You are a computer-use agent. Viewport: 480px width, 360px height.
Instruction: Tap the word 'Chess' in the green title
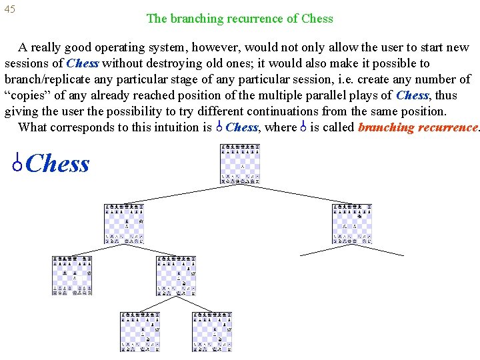317,19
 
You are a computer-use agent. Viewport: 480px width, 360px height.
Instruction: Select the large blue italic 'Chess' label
59,163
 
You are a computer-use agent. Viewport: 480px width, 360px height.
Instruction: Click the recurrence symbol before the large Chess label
19,163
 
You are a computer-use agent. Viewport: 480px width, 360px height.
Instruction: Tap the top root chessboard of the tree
240,164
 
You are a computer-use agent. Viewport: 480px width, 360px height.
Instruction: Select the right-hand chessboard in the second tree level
352,224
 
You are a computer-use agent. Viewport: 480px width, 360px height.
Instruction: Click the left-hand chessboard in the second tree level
124,224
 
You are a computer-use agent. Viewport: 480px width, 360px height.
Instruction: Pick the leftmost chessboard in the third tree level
72,275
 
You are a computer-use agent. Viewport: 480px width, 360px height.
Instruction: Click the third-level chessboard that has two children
176,275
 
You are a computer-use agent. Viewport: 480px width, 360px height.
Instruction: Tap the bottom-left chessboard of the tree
140,331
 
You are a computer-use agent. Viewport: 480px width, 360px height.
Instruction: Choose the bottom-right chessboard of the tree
212,331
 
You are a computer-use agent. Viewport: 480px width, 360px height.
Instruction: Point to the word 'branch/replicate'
47,79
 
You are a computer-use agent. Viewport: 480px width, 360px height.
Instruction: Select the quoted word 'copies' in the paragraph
28,95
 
